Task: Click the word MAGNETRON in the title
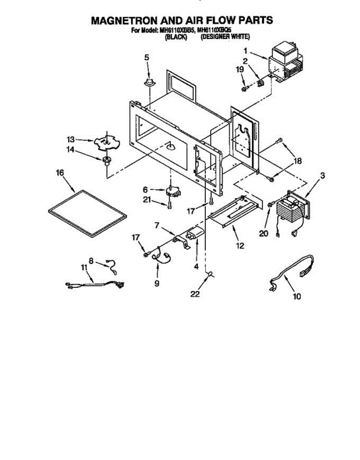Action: click(x=125, y=20)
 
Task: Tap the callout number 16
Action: click(x=60, y=172)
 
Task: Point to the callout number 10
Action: click(x=297, y=296)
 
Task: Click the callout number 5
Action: click(x=147, y=58)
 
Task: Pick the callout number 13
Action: click(x=71, y=140)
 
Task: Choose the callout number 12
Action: click(x=240, y=246)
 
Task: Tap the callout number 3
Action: click(x=322, y=176)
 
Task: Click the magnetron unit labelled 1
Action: click(x=287, y=64)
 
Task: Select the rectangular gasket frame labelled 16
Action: click(x=87, y=214)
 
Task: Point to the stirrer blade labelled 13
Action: click(x=107, y=144)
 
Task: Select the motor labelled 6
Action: click(x=173, y=192)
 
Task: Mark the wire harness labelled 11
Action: click(x=95, y=284)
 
